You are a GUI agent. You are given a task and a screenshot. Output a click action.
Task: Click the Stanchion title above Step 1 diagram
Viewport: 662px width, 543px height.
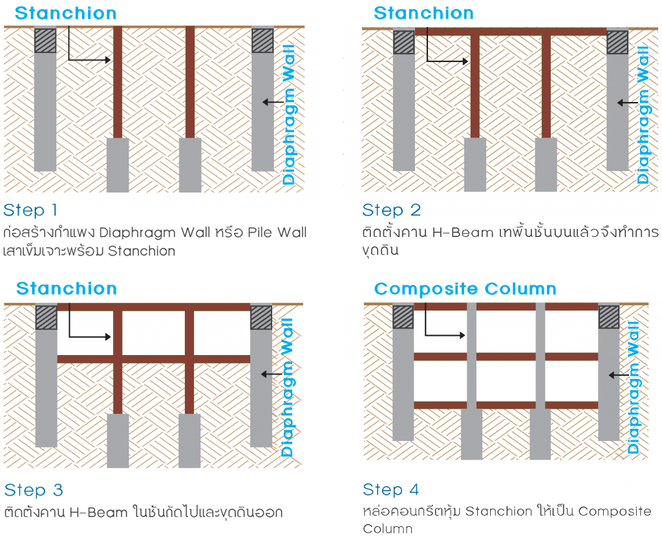[65, 13]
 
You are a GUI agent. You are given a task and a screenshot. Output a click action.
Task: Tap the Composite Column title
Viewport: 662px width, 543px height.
[465, 289]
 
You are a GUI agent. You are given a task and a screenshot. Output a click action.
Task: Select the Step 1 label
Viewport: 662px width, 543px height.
[30, 210]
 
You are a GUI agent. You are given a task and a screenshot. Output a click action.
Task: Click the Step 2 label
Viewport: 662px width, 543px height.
[391, 210]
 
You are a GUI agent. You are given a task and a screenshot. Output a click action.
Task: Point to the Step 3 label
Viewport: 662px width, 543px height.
[34, 490]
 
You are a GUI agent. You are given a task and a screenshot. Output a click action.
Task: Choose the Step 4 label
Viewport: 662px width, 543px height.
[391, 489]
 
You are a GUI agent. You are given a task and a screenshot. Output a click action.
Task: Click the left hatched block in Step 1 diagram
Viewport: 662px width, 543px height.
[45, 41]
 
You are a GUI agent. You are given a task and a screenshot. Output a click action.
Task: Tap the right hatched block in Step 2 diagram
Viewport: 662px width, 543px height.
[617, 42]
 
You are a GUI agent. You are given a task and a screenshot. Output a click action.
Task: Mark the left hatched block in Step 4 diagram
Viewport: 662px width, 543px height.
[403, 317]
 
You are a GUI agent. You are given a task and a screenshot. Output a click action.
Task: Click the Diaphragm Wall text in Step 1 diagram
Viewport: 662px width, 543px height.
[289, 115]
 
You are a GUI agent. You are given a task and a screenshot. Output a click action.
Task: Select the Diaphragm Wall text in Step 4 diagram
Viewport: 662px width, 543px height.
[634, 387]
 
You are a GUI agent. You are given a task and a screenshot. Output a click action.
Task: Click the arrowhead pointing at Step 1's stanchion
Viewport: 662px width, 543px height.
[108, 60]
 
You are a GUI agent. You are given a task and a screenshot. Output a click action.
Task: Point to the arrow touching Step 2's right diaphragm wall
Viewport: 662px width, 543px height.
[627, 103]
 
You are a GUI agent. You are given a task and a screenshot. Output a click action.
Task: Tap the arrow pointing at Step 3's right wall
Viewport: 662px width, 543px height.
[271, 374]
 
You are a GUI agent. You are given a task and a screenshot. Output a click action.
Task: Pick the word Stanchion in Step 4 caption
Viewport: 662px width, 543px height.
[498, 511]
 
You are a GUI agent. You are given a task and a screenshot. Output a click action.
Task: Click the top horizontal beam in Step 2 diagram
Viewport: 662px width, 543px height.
[511, 32]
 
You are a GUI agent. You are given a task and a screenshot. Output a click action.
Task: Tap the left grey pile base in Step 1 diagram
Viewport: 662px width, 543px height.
[118, 165]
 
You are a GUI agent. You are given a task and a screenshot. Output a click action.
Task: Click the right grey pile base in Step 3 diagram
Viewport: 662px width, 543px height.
[189, 440]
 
